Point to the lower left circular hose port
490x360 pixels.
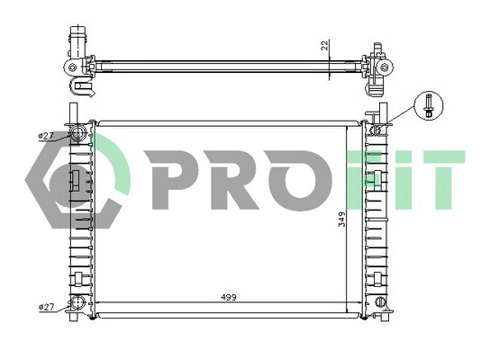(79, 303)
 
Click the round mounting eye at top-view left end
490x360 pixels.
(70, 67)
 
